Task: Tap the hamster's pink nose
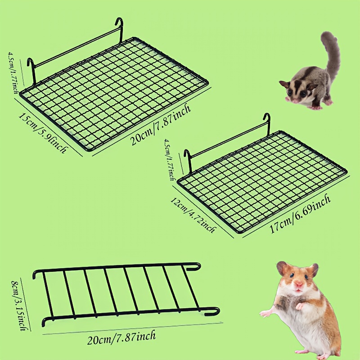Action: click(x=299, y=285)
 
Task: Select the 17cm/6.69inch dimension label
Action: click(x=300, y=213)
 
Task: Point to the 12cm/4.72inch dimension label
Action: click(x=193, y=215)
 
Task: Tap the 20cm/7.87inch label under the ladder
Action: click(x=121, y=337)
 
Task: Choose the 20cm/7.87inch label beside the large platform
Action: click(x=161, y=124)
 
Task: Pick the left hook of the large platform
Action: click(x=31, y=72)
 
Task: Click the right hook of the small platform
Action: click(x=267, y=124)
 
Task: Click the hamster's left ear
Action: click(x=282, y=267)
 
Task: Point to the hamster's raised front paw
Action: click(x=299, y=306)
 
